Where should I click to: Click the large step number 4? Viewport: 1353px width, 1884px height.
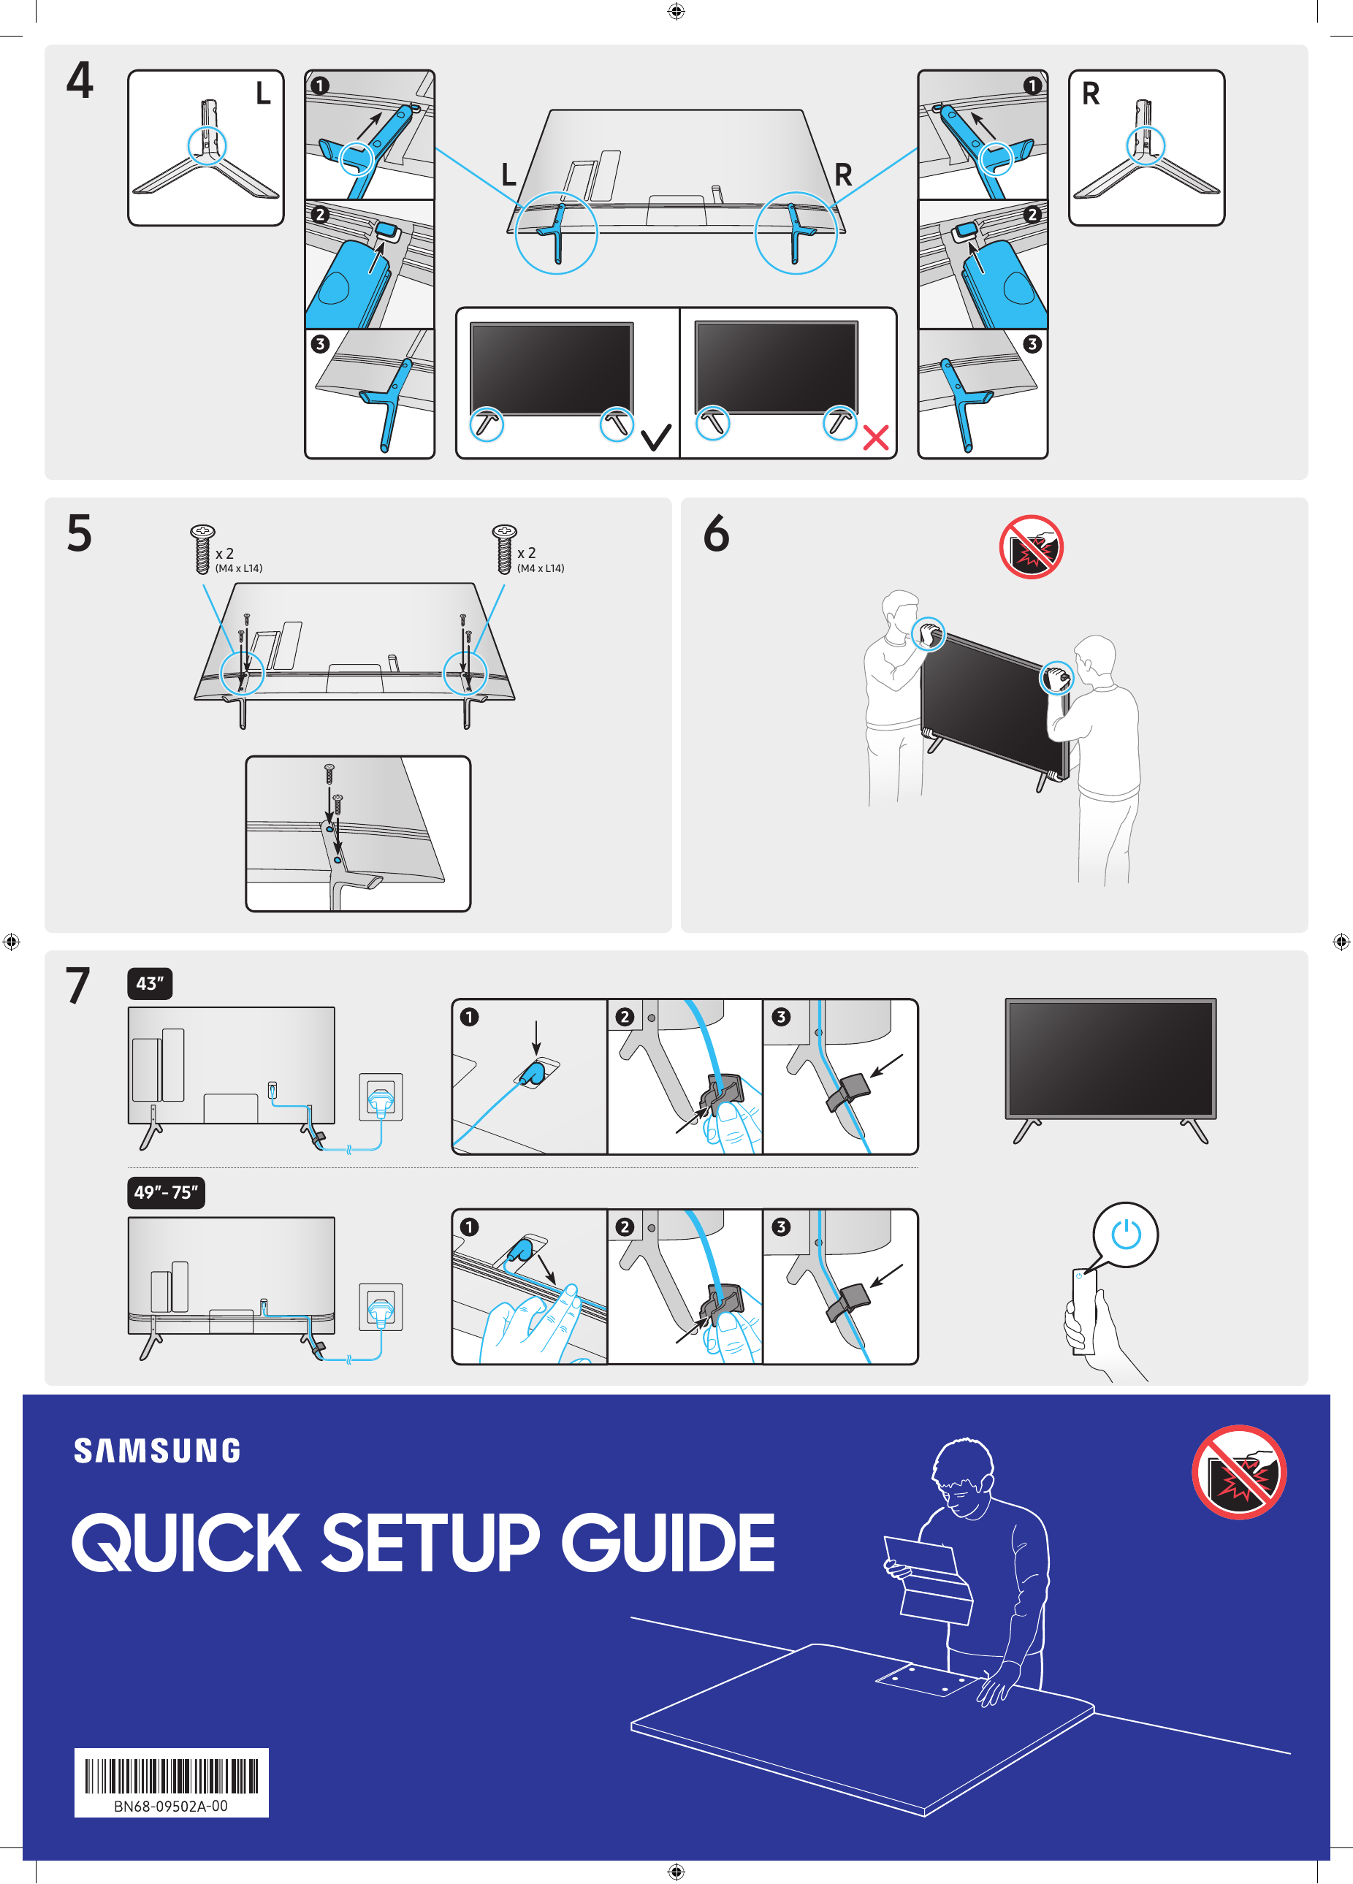pyautogui.click(x=80, y=80)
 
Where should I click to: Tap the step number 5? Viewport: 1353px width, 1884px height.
pyautogui.click(x=80, y=533)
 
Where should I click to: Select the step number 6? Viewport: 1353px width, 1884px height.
pyautogui.click(x=716, y=533)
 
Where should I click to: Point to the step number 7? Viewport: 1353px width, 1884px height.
pyautogui.click(x=78, y=985)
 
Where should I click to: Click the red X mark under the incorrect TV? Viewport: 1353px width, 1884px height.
pyautogui.click(x=875, y=437)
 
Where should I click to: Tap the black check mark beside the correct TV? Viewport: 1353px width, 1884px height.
pyautogui.click(x=656, y=437)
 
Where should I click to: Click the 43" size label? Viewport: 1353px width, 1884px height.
pyautogui.click(x=150, y=983)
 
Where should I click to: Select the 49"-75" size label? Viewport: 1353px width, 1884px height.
pyautogui.click(x=165, y=1192)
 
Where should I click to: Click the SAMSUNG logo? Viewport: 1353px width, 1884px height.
pyautogui.click(x=157, y=1450)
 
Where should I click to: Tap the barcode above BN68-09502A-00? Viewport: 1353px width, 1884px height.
pyautogui.click(x=171, y=1776)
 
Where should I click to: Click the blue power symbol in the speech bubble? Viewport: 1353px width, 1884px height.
pyautogui.click(x=1125, y=1234)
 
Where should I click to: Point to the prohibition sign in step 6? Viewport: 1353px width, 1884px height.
pyautogui.click(x=1031, y=546)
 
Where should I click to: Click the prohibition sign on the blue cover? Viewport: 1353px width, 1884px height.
pyautogui.click(x=1238, y=1472)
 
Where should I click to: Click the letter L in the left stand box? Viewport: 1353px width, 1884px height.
pyautogui.click(x=262, y=94)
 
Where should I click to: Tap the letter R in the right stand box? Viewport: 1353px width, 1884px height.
pyautogui.click(x=1091, y=94)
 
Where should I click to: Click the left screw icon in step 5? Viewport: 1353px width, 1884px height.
pyautogui.click(x=202, y=549)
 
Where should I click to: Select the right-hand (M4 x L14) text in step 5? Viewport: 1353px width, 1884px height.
pyautogui.click(x=541, y=568)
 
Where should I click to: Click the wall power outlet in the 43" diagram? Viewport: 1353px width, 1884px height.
pyautogui.click(x=381, y=1097)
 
